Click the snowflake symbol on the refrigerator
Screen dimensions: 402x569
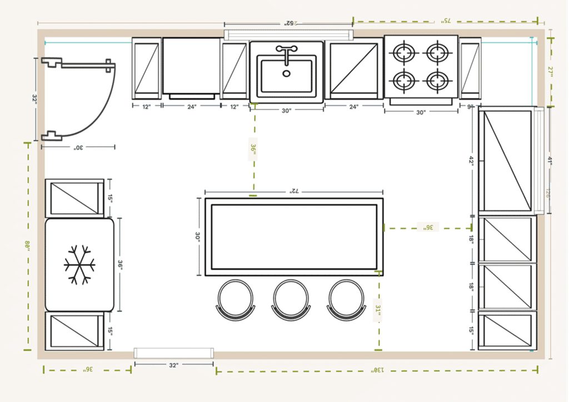pos(79,264)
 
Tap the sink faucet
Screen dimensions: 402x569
pos(286,54)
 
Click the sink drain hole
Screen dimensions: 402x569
pos(286,73)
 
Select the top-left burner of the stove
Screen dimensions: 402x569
pos(404,53)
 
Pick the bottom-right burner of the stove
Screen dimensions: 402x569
pos(438,81)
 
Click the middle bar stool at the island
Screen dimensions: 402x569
pos(290,300)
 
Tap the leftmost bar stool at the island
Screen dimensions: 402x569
pos(235,300)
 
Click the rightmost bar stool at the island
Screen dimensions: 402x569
pos(345,300)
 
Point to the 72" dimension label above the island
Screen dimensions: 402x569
pos(293,191)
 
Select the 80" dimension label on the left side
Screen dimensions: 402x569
pos(27,245)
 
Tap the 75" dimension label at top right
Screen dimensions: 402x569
pos(446,21)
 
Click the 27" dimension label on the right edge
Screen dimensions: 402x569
pos(551,72)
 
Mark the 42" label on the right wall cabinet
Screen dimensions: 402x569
pos(471,160)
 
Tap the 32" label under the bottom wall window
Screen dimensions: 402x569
pos(173,365)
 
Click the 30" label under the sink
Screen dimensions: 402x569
pos(286,110)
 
